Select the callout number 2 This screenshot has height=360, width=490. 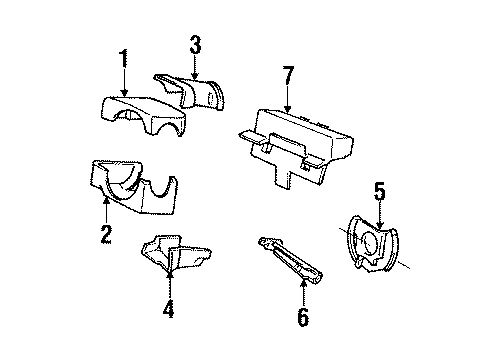pyautogui.click(x=105, y=237)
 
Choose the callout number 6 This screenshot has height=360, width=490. pyautogui.click(x=303, y=319)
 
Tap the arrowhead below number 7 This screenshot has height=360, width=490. pyautogui.click(x=287, y=108)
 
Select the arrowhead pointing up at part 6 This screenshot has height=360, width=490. pyautogui.click(x=303, y=282)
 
